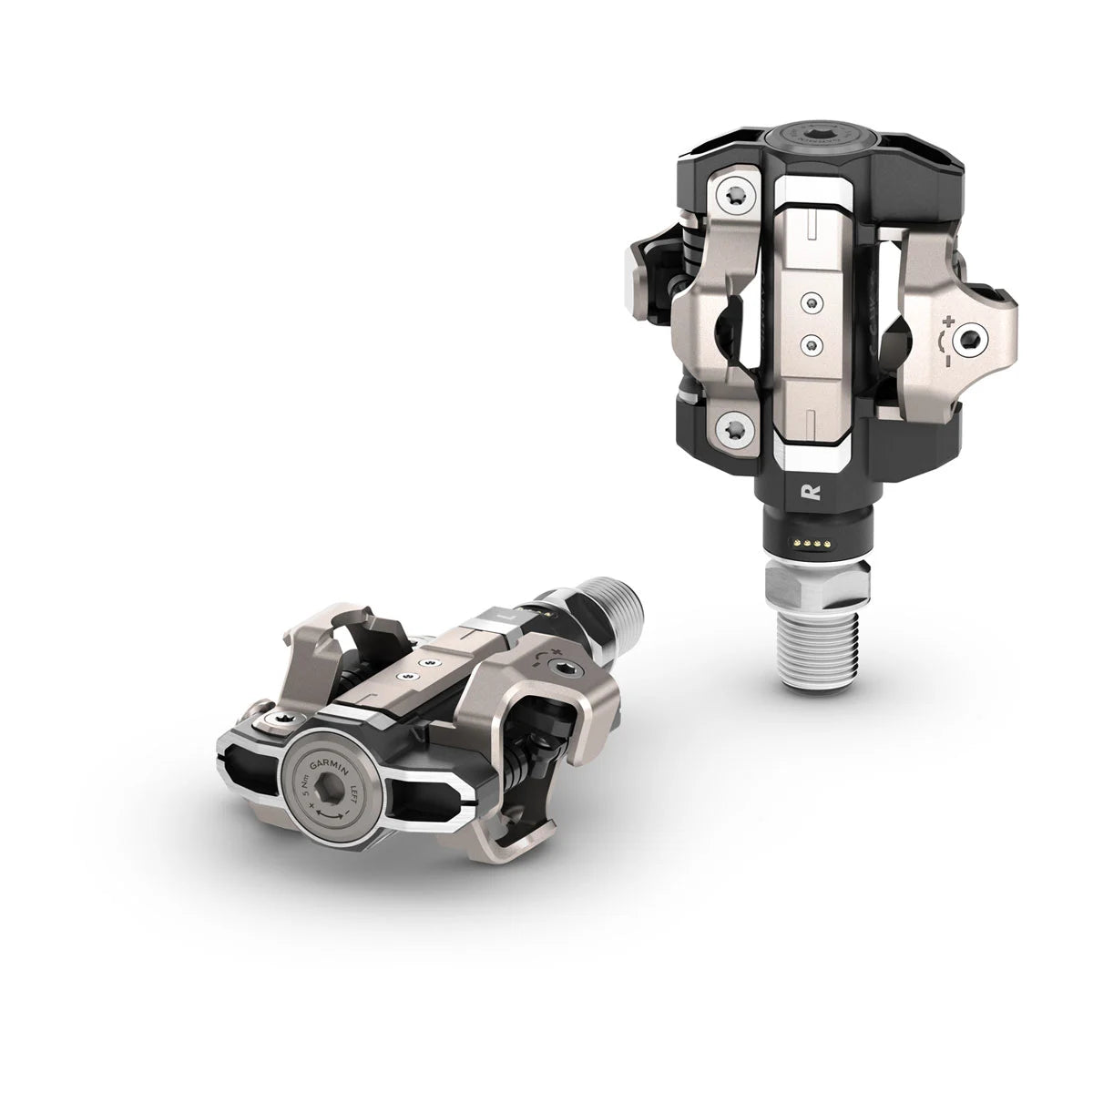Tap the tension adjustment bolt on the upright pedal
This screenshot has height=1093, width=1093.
(x=967, y=340)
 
